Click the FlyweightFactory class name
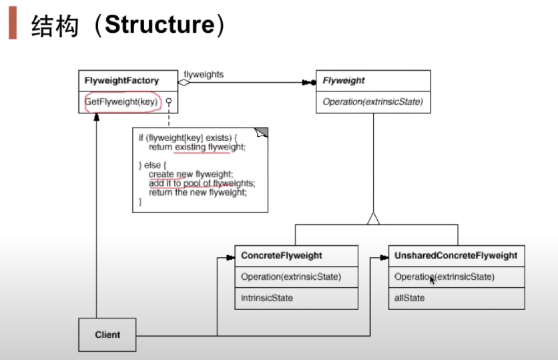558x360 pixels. pos(121,81)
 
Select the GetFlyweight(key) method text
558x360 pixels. pos(121,102)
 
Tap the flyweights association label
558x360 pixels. pos(203,75)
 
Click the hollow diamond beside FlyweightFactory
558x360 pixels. pos(184,83)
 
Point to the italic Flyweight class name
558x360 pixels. pos(344,81)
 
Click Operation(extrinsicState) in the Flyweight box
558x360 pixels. pos(372,102)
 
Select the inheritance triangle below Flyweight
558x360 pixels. pos(373,218)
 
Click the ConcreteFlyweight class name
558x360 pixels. pos(282,256)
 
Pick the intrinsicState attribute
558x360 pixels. pos(267,298)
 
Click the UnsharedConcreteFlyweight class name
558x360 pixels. pos(455,256)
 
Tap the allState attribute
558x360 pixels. pos(409,298)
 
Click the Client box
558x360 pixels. pos(107,335)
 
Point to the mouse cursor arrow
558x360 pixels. pos(433,280)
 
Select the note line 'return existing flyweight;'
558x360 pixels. pos(197,146)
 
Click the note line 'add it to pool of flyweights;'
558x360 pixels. pos(202,182)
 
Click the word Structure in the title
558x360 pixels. pos(160,25)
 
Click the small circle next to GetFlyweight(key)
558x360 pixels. pos(170,102)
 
